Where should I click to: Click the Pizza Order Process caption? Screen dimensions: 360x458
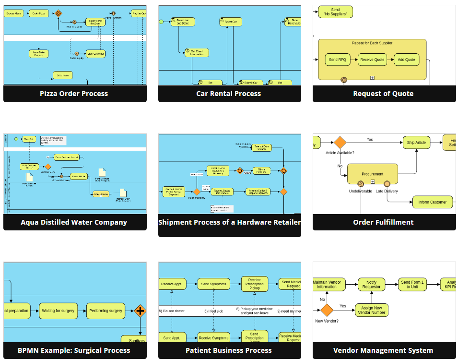pos(74,94)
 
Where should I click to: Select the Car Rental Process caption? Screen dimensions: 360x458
pos(229,94)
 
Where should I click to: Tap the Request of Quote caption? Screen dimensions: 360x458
pos(383,94)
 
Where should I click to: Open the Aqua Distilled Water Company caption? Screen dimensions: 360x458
pos(74,222)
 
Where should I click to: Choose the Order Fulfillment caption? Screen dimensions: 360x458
pos(383,222)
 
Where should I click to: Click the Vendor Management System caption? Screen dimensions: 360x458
pos(383,350)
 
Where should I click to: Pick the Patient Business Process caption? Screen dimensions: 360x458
pos(229,350)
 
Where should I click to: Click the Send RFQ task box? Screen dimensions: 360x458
pos(337,60)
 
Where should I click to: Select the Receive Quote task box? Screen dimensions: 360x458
pos(373,60)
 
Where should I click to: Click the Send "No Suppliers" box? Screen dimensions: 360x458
pos(335,12)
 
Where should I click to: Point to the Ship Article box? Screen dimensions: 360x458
pos(416,143)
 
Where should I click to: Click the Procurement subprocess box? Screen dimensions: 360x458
pos(372,174)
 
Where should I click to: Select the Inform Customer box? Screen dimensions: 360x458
pos(432,202)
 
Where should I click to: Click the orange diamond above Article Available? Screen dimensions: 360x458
pos(340,143)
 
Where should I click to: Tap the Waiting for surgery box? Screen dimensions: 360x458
pos(58,311)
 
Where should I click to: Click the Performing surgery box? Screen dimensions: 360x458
pos(106,311)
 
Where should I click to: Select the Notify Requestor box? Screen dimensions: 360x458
pos(371,285)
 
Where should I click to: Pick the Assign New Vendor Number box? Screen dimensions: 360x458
pos(372,310)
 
